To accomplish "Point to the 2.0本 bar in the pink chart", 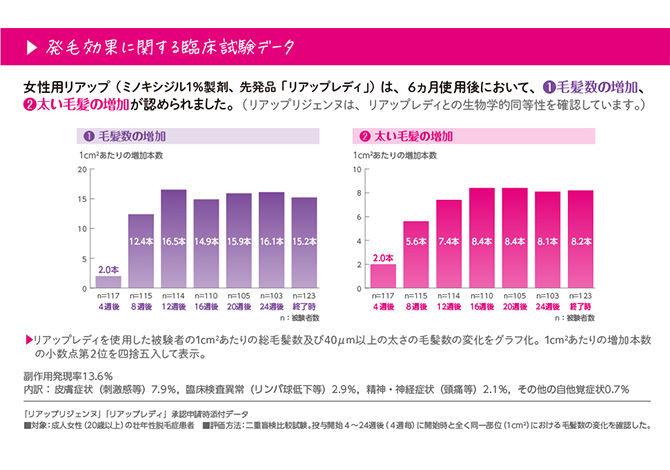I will (383, 276).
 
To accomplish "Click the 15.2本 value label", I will (304, 241).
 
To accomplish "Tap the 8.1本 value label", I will (548, 241).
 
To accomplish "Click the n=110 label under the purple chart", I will (206, 296).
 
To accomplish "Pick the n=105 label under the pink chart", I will (515, 296).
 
